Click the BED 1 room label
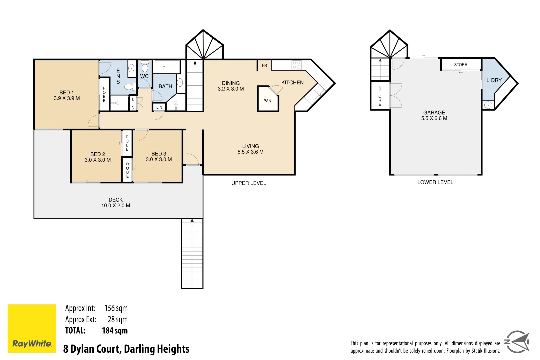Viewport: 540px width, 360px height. pos(67,93)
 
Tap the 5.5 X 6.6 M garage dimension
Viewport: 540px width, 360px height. pos(434,118)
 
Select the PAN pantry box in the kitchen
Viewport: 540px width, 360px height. pos(267,100)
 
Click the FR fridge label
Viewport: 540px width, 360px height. pos(264,65)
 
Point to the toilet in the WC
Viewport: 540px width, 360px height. pos(145,67)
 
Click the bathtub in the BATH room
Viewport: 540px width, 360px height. pos(167,67)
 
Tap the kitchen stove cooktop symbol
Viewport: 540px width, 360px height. pos(296,65)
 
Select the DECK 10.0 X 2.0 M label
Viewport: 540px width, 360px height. pos(116,203)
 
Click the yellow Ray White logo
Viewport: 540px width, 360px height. pos(32,328)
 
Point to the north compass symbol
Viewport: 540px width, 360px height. pos(517,342)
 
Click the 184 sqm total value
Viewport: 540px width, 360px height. pos(115,331)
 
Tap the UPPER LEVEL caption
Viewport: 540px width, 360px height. pos(249,183)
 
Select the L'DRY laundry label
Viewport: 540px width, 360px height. pos(494,80)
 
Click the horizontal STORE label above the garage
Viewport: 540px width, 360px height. pos(460,65)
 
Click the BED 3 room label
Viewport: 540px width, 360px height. pos(159,154)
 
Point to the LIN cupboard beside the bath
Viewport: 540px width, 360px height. pos(159,107)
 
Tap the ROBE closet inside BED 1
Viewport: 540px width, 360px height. pos(104,94)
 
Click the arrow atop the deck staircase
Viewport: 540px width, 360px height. pos(192,221)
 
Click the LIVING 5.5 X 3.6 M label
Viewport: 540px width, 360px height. pos(250,149)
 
